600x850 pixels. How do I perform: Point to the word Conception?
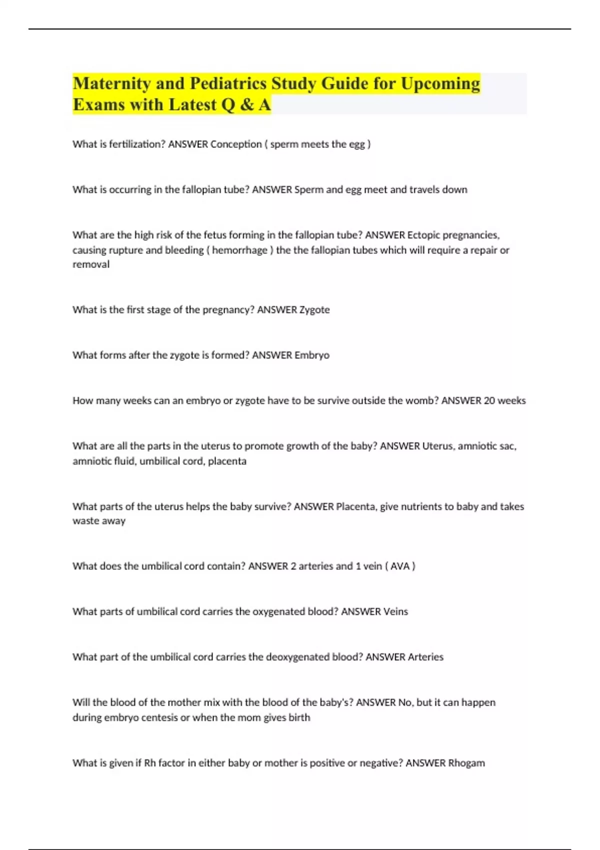pos(236,144)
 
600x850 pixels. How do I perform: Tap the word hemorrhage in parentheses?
pos(240,250)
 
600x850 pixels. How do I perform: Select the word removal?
pos(91,264)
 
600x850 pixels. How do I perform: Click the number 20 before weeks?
pos(489,400)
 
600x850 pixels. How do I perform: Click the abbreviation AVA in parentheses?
pos(400,566)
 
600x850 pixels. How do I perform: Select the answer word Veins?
pos(395,611)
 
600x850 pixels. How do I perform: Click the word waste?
pos(85,521)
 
